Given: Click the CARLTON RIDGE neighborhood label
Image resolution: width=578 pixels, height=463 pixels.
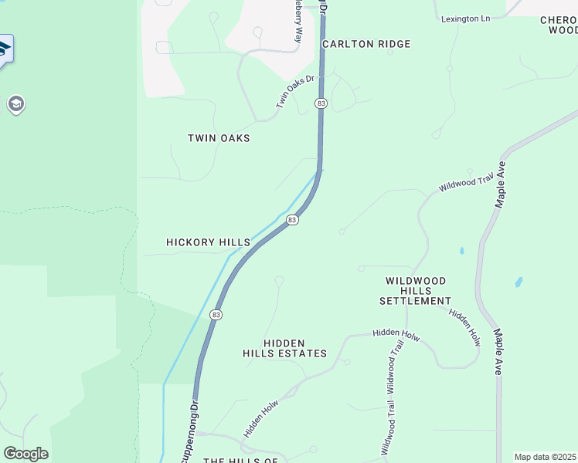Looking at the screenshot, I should click(366, 44).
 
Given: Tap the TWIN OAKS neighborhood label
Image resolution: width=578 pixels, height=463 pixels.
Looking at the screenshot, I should click(219, 138).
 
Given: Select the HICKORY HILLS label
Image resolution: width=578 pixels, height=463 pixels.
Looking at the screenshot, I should click(208, 242).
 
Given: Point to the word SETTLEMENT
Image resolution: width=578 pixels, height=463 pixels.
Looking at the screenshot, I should click(415, 301).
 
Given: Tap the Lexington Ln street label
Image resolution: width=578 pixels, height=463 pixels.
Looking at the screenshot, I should click(466, 19).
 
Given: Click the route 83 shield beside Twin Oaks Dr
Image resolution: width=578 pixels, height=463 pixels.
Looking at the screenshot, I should click(321, 103).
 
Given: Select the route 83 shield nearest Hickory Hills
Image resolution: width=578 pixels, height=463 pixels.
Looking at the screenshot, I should click(292, 220).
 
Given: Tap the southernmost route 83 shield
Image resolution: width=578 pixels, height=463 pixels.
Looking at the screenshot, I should click(216, 315).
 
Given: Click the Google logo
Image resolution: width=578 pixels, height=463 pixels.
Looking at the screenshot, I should click(25, 454).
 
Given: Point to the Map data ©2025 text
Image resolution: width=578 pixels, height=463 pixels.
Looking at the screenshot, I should click(545, 457).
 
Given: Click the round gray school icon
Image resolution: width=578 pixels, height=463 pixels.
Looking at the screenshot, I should click(15, 104).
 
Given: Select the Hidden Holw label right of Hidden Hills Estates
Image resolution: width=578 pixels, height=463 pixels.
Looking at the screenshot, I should click(395, 333).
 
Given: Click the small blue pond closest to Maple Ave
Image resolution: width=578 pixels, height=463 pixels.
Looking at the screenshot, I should click(518, 282).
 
